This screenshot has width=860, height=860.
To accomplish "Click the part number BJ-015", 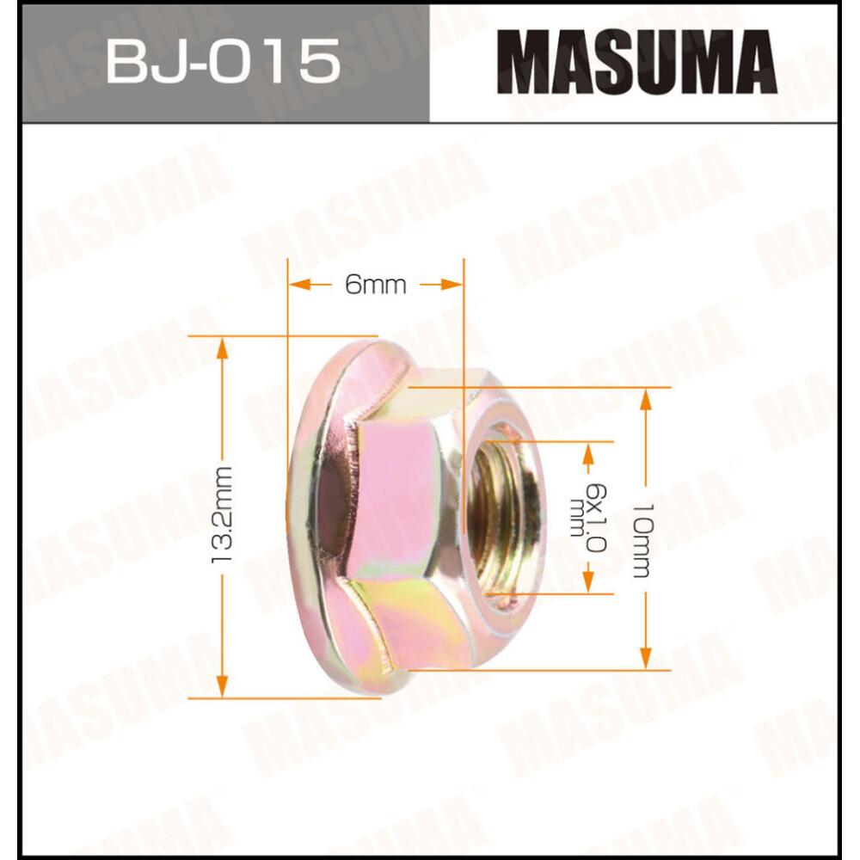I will click(x=223, y=62).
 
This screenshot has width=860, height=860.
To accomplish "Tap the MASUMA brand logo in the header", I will click(x=636, y=62).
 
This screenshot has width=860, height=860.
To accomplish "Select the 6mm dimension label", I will click(x=376, y=286).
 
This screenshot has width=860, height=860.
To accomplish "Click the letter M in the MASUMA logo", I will click(x=519, y=62).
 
